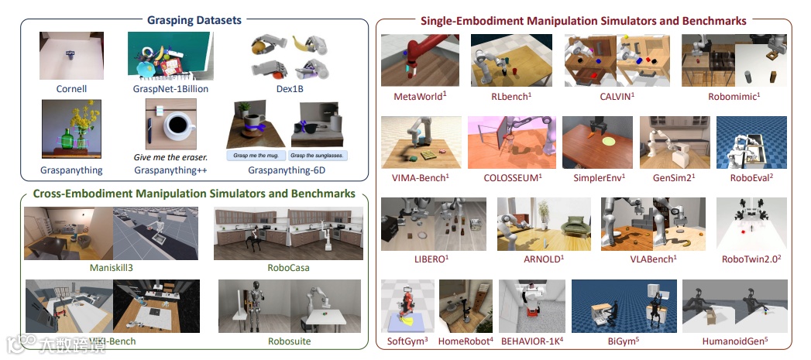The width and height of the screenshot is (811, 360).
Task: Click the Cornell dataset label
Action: tap(71, 89)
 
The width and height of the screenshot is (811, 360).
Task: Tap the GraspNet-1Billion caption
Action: tap(160, 89)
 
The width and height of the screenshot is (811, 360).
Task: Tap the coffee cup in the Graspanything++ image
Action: tap(177, 124)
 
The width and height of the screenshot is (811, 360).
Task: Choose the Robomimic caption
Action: tap(734, 97)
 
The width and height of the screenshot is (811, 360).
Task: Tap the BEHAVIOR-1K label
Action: tap(532, 341)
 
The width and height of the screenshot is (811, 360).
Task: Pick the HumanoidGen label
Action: tap(734, 341)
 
